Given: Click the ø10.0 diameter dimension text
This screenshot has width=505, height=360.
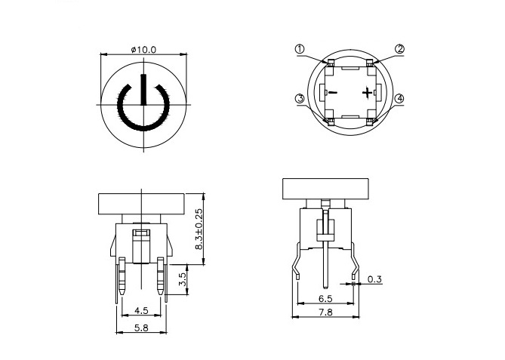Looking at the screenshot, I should tap(143, 49).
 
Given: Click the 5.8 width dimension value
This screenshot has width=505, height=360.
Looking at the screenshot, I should tap(140, 328).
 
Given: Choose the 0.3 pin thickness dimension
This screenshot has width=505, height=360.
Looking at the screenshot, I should tap(374, 280).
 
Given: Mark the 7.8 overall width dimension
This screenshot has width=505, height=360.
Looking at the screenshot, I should tap(325, 312).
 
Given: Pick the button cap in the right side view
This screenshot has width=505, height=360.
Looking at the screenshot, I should tap(325, 189).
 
